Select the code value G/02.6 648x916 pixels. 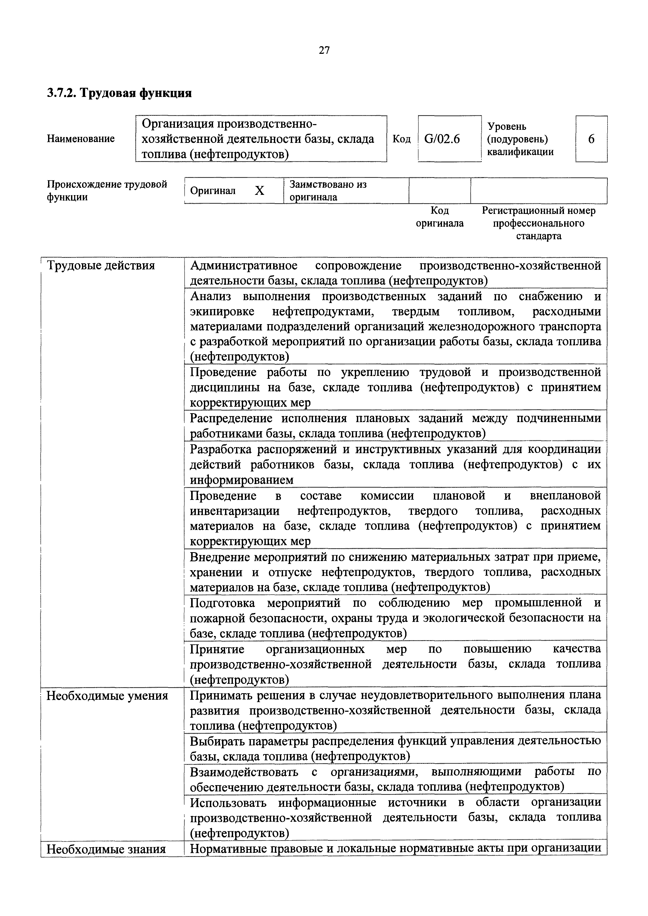pos(442,139)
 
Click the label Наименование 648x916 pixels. pos(81,139)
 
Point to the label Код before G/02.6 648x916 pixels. pos(401,139)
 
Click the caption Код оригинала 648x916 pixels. pos(440,217)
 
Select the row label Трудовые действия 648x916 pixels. pos(101,265)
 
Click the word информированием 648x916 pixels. pos(241,480)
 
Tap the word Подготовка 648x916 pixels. pos(222,603)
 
